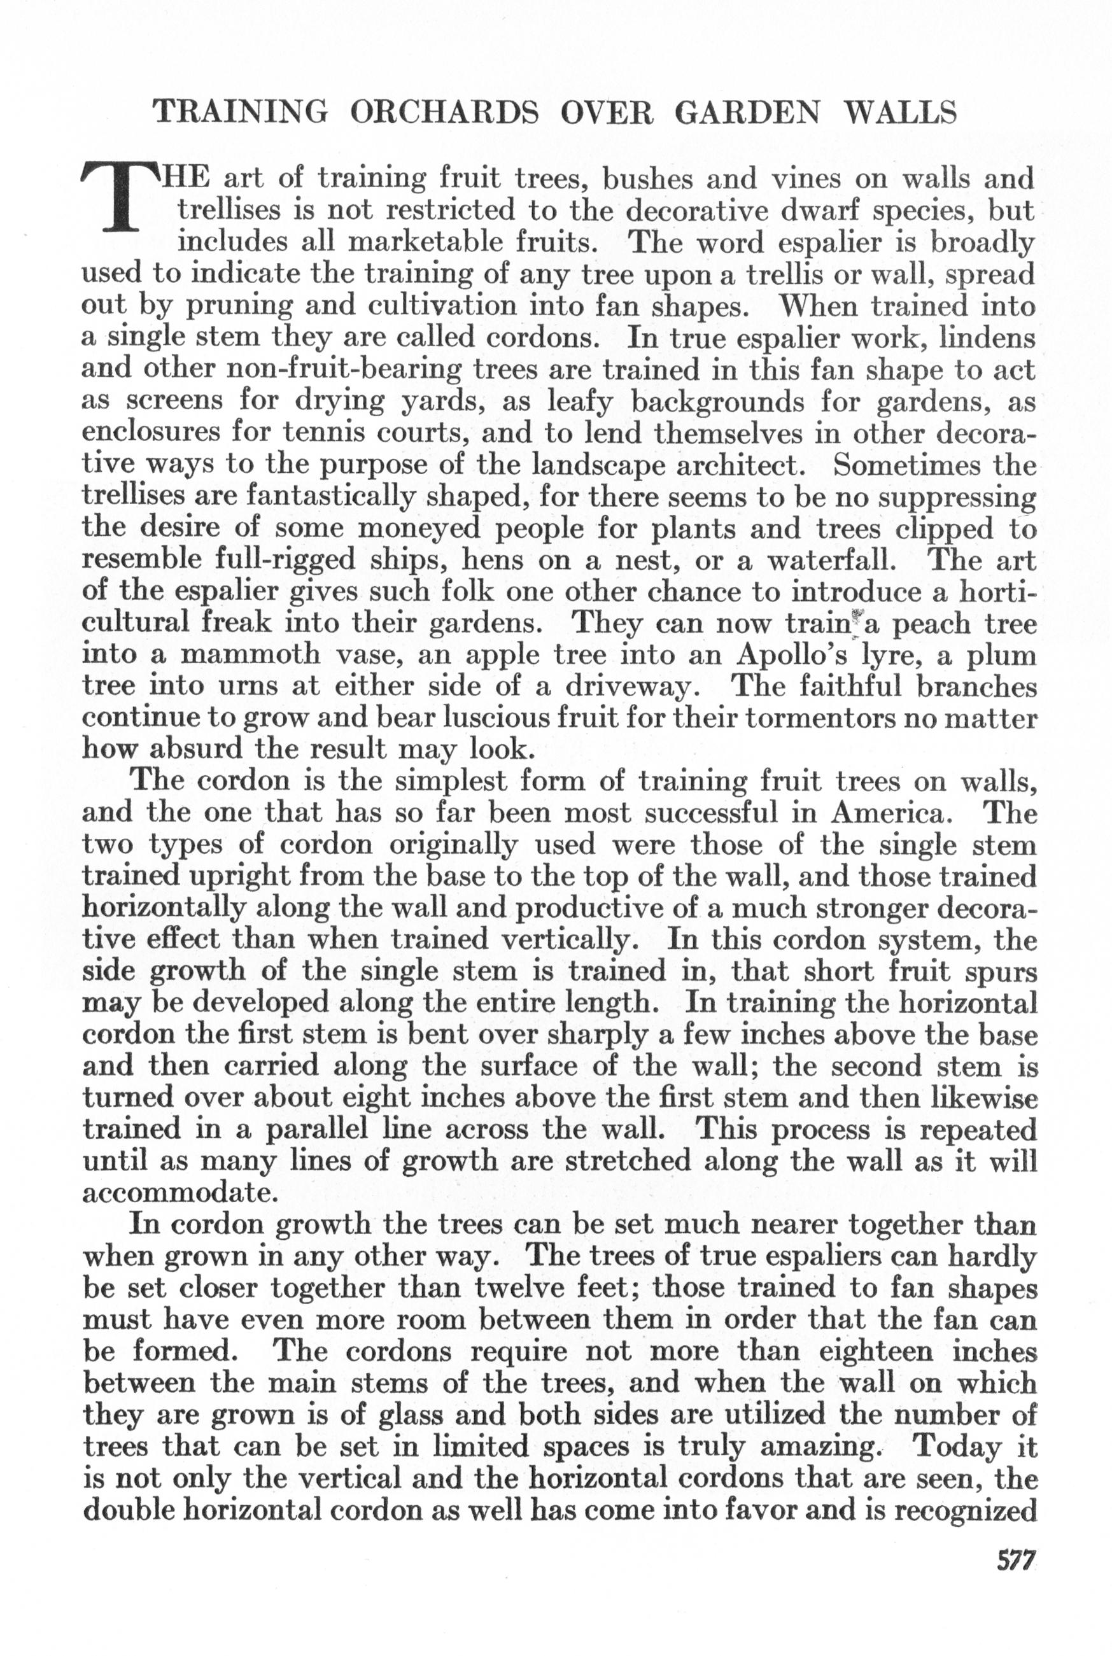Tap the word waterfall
(x=831, y=560)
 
